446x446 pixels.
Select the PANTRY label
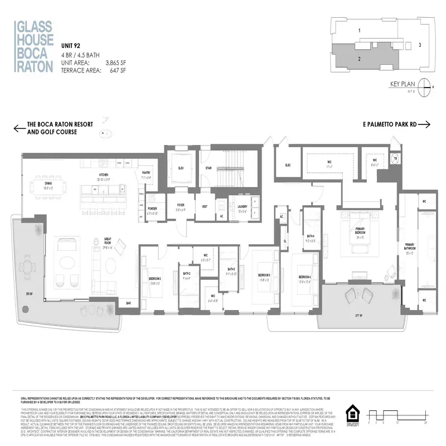[147, 173]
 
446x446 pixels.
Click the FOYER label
[181, 205]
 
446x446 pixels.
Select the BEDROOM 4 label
[304, 277]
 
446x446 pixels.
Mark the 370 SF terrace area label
[27, 293]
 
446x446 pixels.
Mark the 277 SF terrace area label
[357, 317]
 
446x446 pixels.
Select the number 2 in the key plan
[360, 58]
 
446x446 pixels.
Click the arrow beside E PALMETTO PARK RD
[423, 124]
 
